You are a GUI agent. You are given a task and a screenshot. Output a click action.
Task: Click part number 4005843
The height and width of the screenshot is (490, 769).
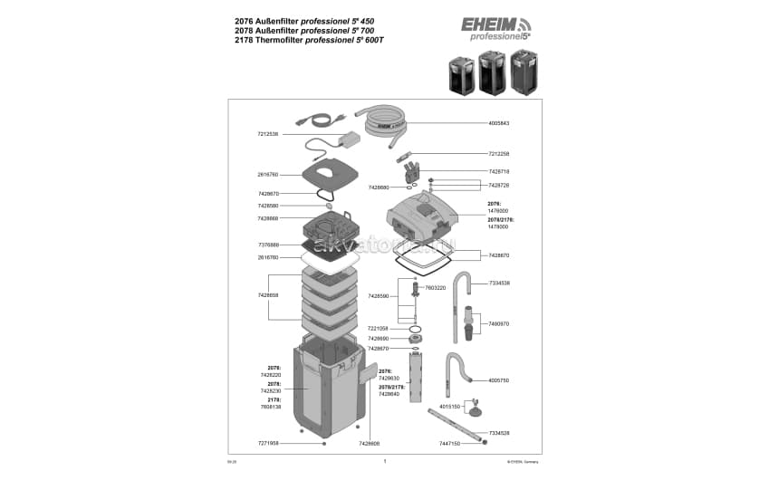click(x=499, y=123)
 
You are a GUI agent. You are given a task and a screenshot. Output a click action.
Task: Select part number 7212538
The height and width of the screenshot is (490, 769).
click(x=267, y=134)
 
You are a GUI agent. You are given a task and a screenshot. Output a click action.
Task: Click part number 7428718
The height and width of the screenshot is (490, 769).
click(x=499, y=171)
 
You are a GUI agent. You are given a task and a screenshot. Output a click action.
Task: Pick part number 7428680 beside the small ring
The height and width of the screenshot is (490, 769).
click(x=379, y=187)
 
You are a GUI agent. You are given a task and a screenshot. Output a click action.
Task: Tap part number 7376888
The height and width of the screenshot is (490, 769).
click(x=267, y=245)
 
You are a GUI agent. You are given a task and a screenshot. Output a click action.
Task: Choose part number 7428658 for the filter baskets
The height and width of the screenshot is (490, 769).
click(x=267, y=295)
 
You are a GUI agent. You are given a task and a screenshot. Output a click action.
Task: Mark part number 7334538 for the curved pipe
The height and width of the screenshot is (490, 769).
click(x=499, y=283)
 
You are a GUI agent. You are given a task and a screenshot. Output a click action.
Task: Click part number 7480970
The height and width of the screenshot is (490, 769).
click(x=499, y=323)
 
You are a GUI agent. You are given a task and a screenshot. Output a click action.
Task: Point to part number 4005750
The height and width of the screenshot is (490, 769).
click(x=499, y=380)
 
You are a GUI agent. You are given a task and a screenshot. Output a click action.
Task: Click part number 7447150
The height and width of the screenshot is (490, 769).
click(x=450, y=444)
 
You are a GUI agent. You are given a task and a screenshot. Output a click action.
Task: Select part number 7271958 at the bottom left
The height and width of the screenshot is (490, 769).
click(x=267, y=444)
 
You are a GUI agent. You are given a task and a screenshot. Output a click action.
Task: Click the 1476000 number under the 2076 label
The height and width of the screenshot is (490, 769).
click(x=498, y=211)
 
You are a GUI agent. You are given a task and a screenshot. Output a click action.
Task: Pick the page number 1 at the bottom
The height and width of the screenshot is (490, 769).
click(x=385, y=461)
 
